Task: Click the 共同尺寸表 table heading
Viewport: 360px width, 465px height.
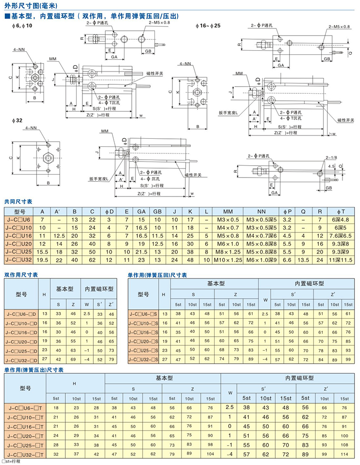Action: point(18,201)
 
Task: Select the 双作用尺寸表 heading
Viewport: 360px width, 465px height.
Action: point(21,275)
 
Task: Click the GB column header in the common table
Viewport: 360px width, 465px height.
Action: point(159,211)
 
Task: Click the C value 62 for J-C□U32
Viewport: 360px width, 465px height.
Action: point(92,260)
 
